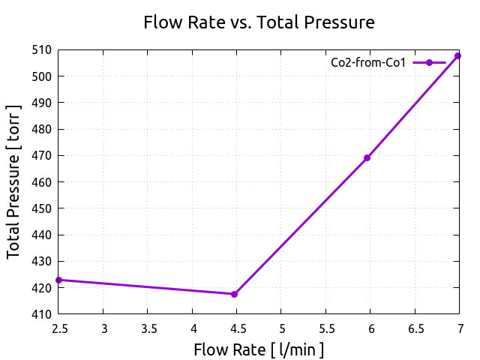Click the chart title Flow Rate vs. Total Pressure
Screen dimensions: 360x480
click(259, 23)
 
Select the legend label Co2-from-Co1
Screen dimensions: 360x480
click(368, 63)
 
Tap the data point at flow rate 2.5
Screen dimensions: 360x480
click(58, 280)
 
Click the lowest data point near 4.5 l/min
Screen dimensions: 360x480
click(234, 294)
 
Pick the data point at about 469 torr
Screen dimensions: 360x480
click(367, 157)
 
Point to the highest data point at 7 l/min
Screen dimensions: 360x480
click(458, 55)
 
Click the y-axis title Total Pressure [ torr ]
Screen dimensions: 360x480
click(14, 181)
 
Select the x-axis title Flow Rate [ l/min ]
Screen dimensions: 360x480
click(259, 349)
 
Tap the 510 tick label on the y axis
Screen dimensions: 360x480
click(42, 50)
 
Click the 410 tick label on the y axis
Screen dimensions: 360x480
click(42, 314)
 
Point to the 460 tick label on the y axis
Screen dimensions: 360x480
click(42, 182)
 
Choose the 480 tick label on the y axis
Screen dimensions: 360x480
click(42, 130)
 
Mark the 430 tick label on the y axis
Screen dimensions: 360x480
click(42, 262)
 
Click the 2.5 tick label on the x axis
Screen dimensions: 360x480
click(58, 328)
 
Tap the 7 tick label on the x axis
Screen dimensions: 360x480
click(459, 328)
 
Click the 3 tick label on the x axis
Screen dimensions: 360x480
click(103, 328)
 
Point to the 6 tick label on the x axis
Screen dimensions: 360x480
click(370, 328)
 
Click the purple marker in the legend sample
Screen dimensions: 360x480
click(429, 63)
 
